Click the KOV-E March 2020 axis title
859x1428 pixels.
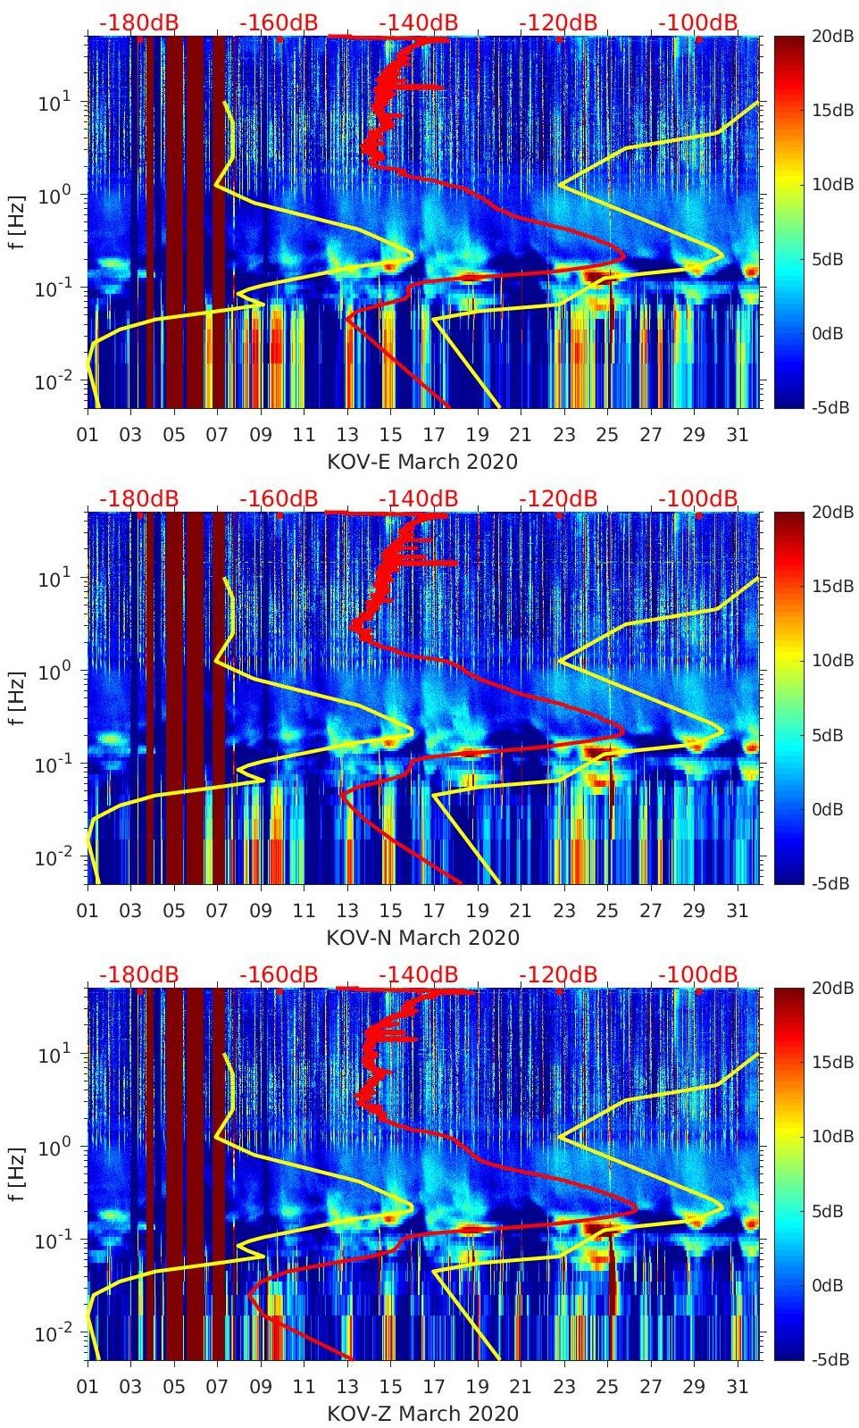(x=422, y=462)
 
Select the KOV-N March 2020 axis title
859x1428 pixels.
(x=422, y=938)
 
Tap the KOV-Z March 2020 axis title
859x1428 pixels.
(x=422, y=1414)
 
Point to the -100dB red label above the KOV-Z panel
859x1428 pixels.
(x=698, y=974)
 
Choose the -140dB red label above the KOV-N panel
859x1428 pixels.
(x=418, y=498)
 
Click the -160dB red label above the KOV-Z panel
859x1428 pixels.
(x=279, y=974)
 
